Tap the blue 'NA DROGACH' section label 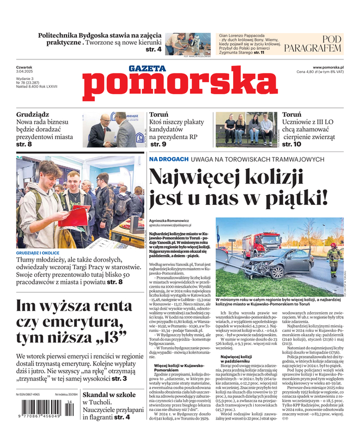coord(169,159)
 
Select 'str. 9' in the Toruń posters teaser coord(158,144)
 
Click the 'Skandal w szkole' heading coord(109,395)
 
